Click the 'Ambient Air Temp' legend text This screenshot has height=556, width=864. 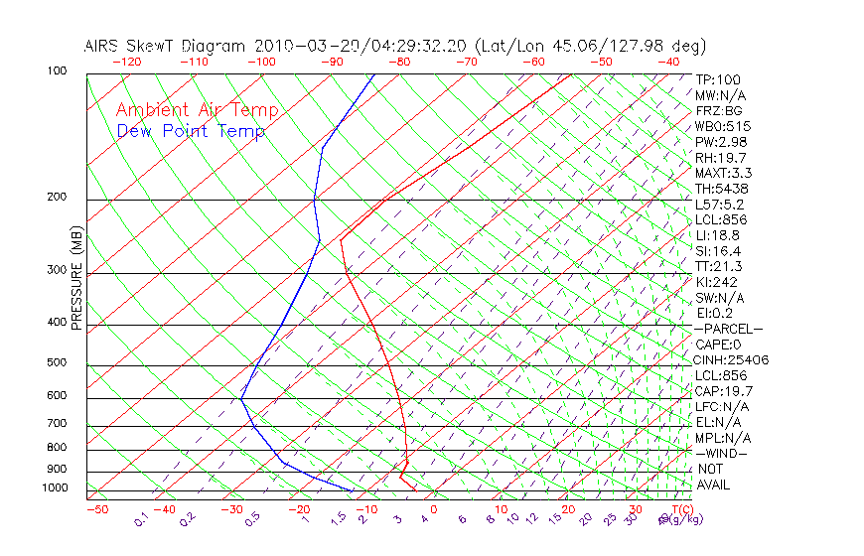click(x=197, y=110)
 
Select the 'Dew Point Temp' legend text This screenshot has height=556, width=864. click(x=191, y=131)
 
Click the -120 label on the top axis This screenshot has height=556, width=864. click(x=126, y=61)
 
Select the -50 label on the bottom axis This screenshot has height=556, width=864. click(x=96, y=509)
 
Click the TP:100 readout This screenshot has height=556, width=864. click(x=718, y=79)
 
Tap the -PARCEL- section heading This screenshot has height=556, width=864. click(x=728, y=329)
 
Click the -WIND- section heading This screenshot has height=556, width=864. click(x=721, y=453)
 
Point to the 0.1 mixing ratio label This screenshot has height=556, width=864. click(x=142, y=520)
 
